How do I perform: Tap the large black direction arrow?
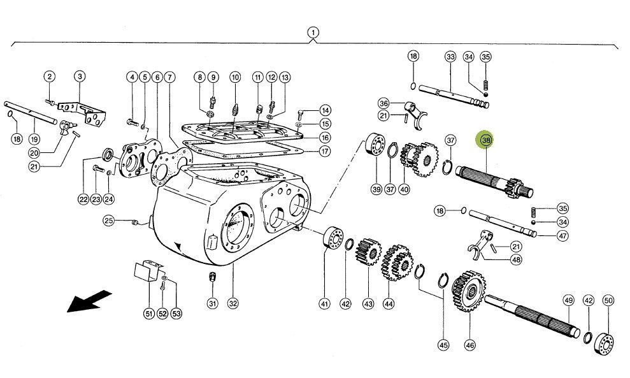(89, 302)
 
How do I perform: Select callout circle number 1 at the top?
(313, 32)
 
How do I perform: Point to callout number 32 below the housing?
(233, 304)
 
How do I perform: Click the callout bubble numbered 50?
(608, 300)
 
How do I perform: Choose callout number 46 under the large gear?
(470, 345)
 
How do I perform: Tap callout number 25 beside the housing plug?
(110, 221)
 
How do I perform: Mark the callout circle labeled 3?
(80, 77)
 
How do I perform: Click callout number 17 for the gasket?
(325, 152)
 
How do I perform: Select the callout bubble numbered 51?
(148, 313)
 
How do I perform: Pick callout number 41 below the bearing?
(325, 304)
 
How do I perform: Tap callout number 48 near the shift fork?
(516, 259)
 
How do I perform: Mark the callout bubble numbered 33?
(450, 57)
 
